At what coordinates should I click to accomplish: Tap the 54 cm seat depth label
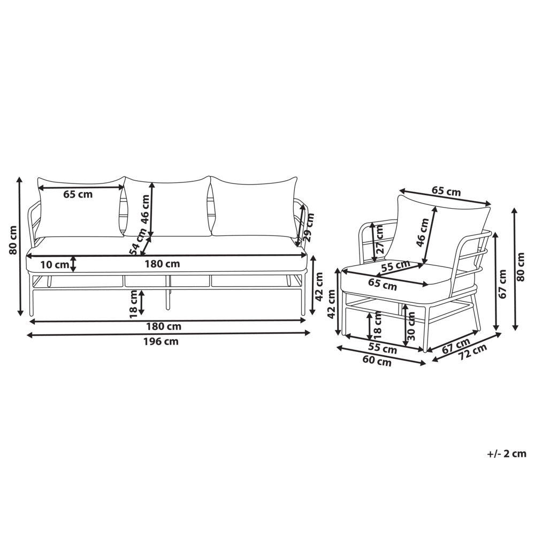pyautogui.click(x=138, y=242)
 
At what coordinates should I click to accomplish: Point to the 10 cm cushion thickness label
pyautogui.click(x=55, y=264)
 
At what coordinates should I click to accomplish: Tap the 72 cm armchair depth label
pyautogui.click(x=472, y=353)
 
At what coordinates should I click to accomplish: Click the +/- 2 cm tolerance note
pyautogui.click(x=507, y=454)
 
